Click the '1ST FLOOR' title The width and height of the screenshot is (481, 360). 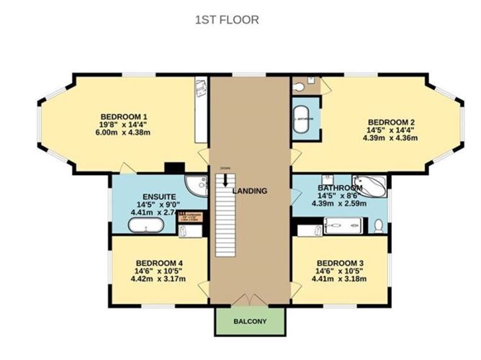coord(226,20)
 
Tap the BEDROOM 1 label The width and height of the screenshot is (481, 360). coord(124,117)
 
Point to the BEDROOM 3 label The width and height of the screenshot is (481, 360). coord(340,261)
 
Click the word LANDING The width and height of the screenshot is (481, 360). coord(250,191)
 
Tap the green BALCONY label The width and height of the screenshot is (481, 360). coord(250,321)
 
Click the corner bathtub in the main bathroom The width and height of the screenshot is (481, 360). coord(369,186)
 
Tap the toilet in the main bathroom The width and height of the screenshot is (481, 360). coord(379,225)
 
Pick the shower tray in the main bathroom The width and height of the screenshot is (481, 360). coord(342,228)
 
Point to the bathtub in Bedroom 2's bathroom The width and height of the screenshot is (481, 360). coord(301,117)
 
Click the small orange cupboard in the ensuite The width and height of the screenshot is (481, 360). coord(192,216)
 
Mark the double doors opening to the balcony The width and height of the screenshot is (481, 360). coord(250,299)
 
